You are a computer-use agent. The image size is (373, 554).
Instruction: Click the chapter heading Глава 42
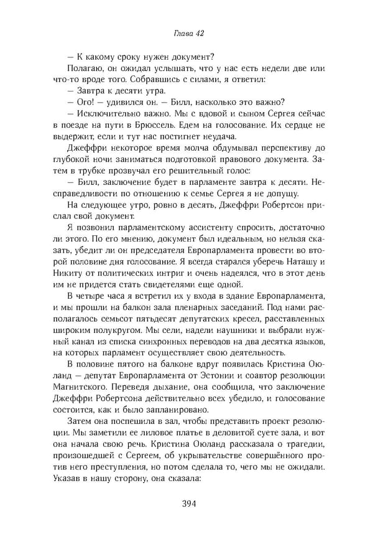tap(186, 32)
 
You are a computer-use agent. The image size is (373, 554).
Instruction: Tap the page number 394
tap(186, 504)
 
